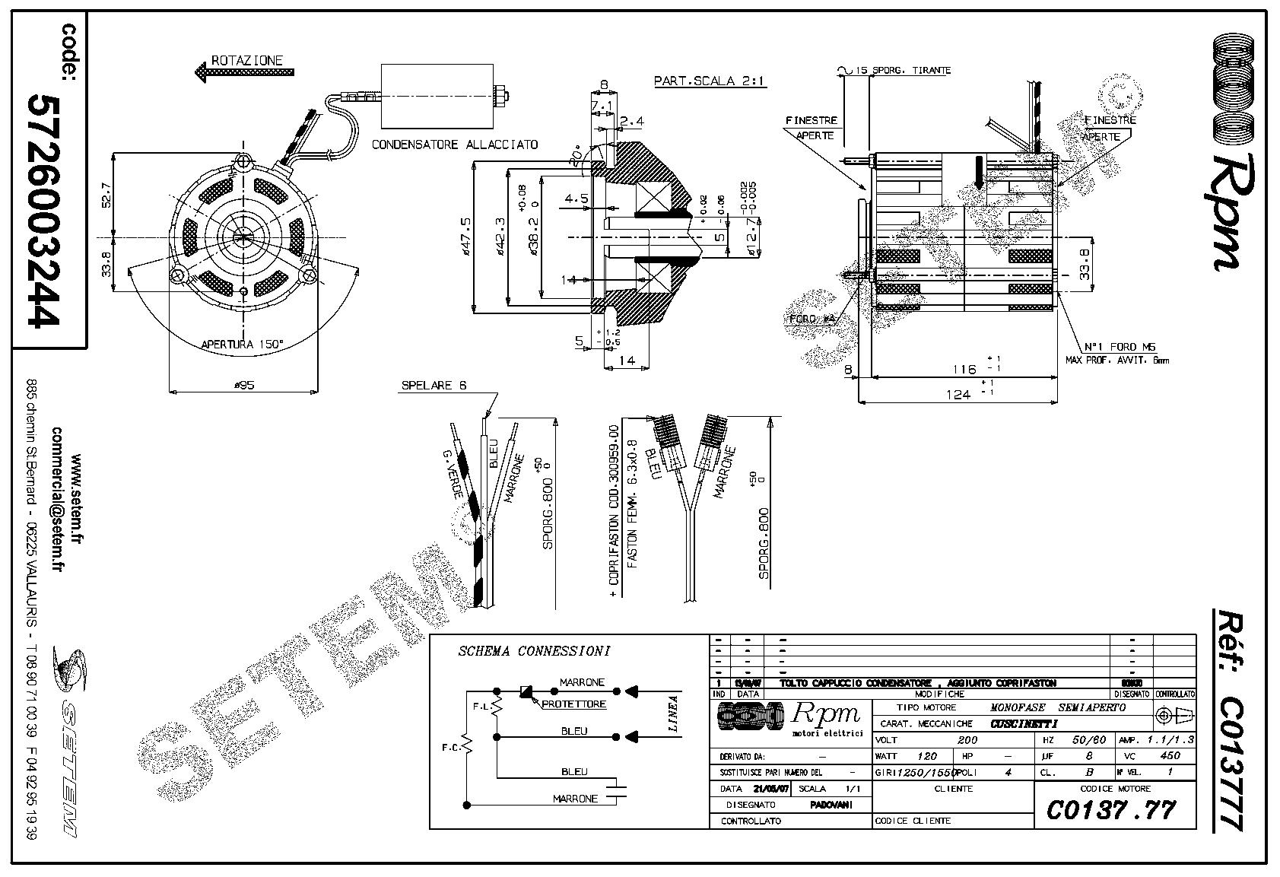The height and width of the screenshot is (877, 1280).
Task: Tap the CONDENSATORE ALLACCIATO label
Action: pos(455,145)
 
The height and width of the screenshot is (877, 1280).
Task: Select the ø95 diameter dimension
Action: pos(243,386)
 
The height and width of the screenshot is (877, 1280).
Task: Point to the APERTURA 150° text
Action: pos(242,345)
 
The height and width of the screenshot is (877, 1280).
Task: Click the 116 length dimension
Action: pos(964,370)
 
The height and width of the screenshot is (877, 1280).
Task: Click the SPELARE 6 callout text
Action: pos(434,386)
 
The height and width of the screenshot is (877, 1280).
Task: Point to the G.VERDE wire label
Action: pos(453,474)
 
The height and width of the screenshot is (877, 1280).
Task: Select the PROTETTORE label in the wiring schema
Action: pos(574,704)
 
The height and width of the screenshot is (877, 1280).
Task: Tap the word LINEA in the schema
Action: pos(673,713)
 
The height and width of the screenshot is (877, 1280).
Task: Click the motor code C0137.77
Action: pos(1111,810)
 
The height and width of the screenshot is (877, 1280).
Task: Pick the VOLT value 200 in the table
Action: pos(967,740)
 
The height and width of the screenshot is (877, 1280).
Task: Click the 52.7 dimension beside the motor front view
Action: pos(106,195)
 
